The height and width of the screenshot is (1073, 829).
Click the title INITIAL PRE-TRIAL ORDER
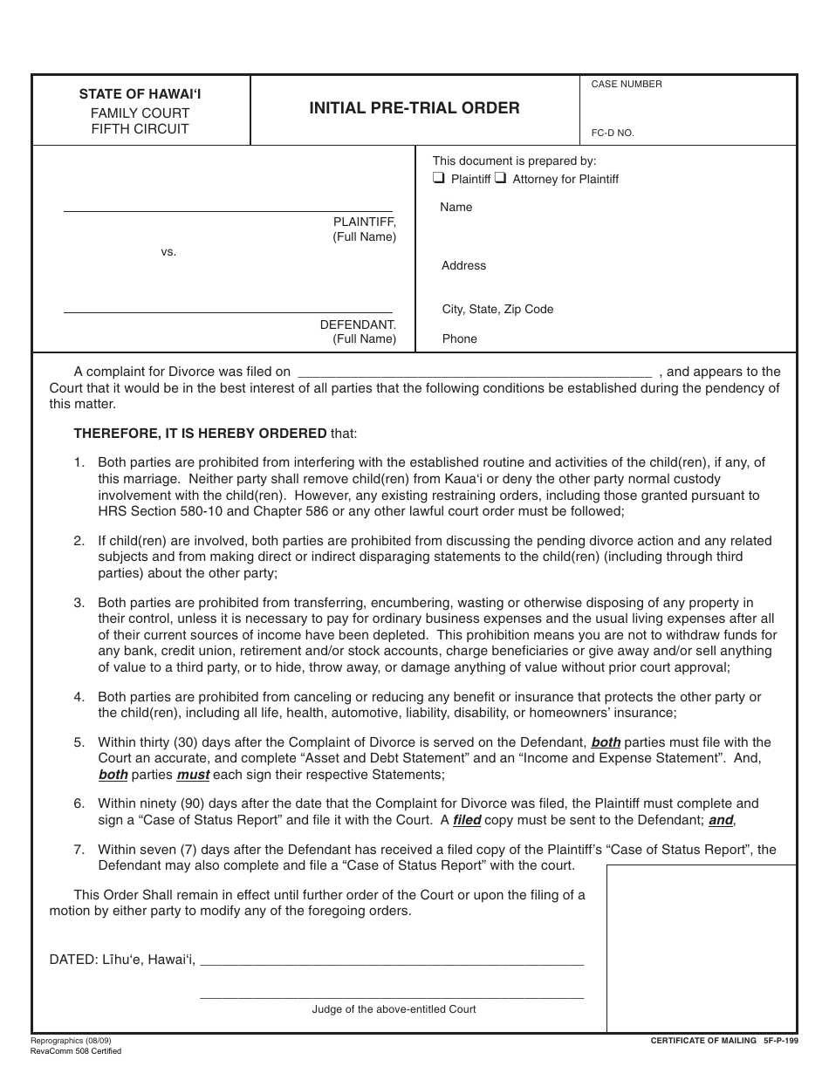414,108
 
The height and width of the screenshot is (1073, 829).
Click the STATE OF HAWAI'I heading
140,94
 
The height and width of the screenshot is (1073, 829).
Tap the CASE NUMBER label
627,85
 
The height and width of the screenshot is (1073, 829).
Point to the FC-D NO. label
613,133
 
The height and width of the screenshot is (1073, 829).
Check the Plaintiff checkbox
439,178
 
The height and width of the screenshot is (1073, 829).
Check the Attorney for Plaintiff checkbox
501,178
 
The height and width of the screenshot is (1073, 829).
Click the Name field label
456,208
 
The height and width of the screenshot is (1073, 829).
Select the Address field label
463,266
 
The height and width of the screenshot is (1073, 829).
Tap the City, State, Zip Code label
497,310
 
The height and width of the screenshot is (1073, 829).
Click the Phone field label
460,339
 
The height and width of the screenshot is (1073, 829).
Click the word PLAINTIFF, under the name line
365,222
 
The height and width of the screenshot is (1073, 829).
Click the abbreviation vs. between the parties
168,252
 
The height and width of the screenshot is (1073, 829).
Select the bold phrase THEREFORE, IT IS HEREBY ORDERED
200,434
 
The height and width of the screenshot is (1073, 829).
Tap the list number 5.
79,742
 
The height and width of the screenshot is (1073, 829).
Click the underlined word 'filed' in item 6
467,820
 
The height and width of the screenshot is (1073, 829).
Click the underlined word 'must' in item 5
193,775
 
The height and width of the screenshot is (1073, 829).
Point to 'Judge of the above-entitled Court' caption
394,1009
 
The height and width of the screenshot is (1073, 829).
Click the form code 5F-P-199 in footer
780,1041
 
